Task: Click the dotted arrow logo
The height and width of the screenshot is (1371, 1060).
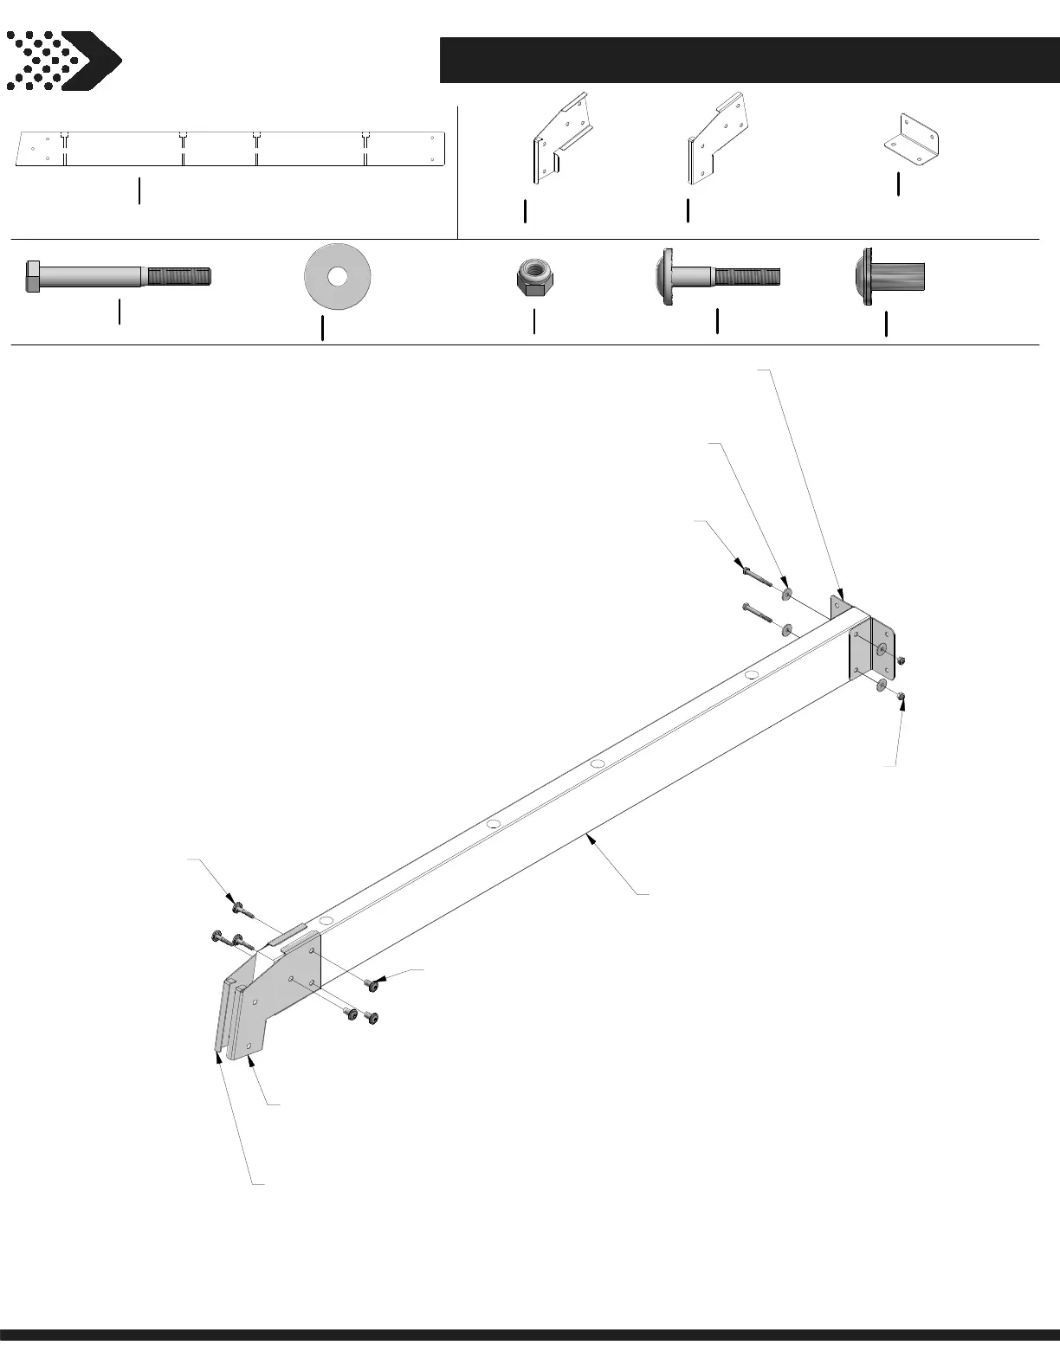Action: [62, 61]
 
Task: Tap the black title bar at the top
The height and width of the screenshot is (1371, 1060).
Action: [749, 60]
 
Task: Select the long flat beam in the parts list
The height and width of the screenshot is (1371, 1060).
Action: [230, 148]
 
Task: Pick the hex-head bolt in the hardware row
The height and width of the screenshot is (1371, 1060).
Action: [117, 277]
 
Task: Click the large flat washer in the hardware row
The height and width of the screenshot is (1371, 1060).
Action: [338, 277]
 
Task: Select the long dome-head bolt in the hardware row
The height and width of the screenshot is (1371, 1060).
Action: [717, 277]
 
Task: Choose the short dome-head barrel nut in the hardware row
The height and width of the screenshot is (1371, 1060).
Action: [887, 277]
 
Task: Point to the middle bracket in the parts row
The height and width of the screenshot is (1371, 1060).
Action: [717, 140]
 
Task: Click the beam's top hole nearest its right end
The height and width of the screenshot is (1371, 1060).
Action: [752, 673]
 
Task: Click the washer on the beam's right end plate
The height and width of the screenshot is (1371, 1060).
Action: [882, 650]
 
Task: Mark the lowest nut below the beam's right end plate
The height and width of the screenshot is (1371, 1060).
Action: [901, 695]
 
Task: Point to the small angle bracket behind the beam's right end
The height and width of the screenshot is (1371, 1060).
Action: [838, 606]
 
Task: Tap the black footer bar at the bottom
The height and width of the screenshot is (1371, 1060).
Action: [530, 1358]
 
